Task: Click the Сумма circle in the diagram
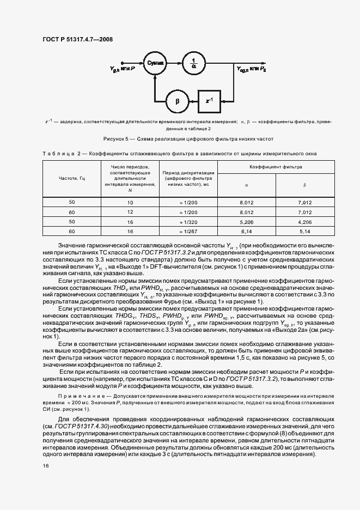pos(156,63)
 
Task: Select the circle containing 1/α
pos(194,63)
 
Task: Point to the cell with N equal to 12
pos(130,212)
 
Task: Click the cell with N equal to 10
pos(130,202)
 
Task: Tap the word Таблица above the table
pos(58,154)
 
